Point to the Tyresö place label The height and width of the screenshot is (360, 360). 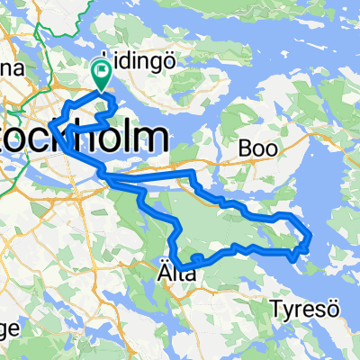tap(301, 310)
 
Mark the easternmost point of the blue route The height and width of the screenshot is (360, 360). tap(311, 238)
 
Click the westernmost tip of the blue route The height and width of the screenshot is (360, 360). tap(52, 123)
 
